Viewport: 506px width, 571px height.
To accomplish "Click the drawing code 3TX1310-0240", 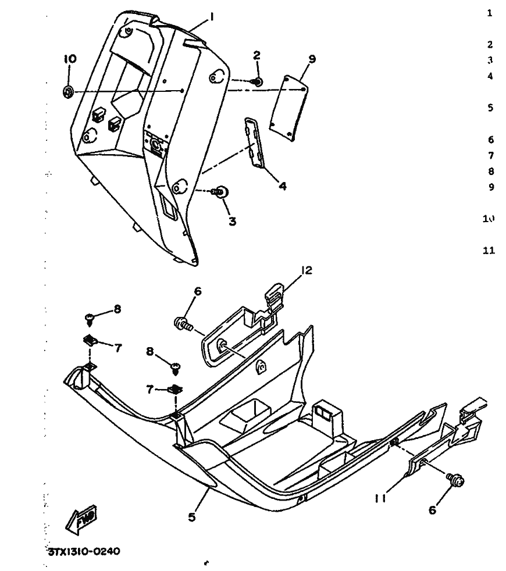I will click(83, 551).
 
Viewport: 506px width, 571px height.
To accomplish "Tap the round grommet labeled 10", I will click(68, 91).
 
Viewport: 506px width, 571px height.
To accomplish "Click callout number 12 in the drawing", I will click(307, 270).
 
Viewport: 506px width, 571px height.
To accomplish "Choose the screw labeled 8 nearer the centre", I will click(174, 366).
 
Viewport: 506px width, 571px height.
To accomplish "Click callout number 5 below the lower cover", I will click(192, 515).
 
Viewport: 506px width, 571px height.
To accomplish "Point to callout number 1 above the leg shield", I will click(212, 17).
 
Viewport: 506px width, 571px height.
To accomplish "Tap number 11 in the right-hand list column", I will click(489, 251).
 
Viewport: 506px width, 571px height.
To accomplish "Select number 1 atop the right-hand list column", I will click(490, 13).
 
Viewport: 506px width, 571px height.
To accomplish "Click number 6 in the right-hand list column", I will click(490, 140).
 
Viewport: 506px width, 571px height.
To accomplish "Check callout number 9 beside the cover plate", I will click(312, 59).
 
